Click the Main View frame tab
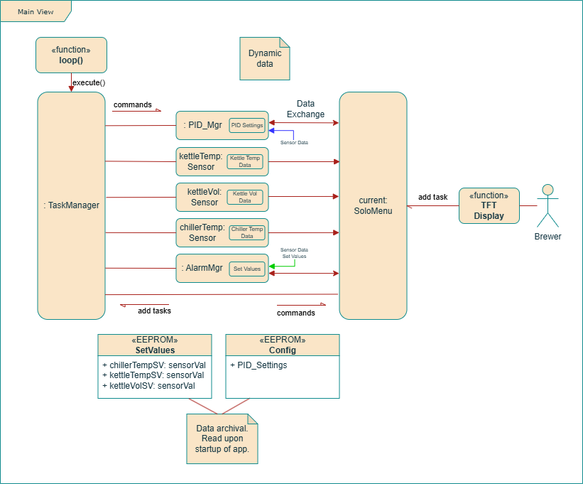34,11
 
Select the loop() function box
71,55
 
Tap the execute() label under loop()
89,82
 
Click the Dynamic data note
265,59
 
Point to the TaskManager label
71,205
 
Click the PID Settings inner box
247,125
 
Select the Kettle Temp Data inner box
245,161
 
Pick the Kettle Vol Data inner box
245,197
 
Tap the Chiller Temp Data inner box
246,232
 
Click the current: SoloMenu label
373,205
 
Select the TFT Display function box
489,205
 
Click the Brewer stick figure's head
547,190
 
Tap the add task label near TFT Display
432,197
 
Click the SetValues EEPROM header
155,345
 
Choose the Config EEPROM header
282,345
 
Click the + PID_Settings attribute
259,365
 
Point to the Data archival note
222,438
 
